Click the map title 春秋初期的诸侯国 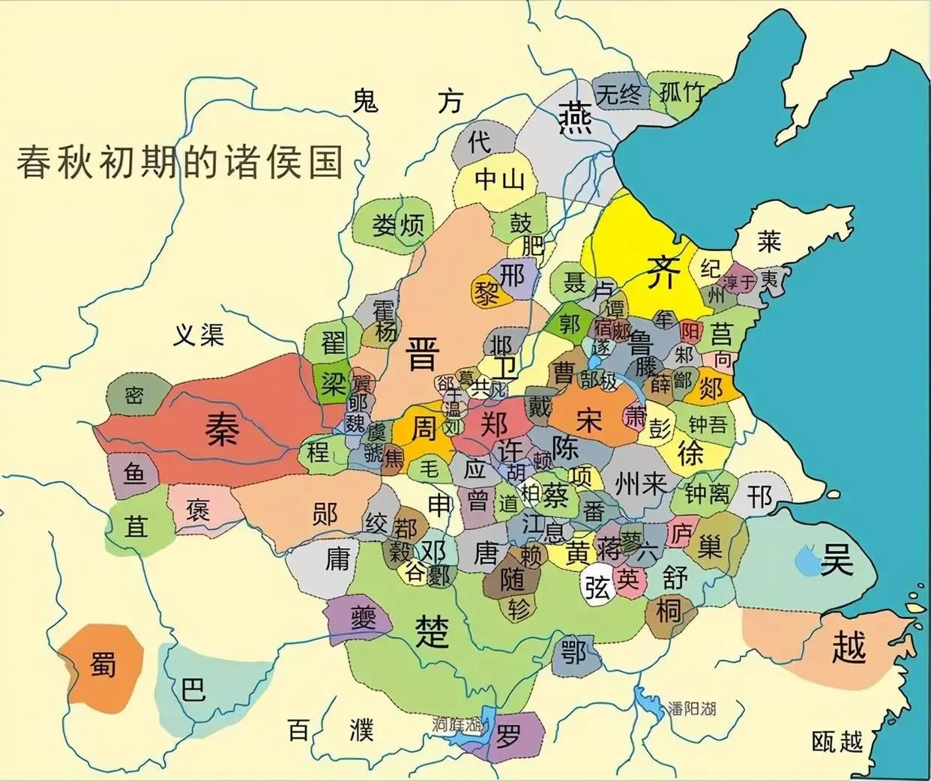coord(180,161)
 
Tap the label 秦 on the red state coord(222,429)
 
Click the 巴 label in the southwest coord(193,687)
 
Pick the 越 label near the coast coord(849,647)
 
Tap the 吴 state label coord(837,560)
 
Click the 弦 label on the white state coord(597,588)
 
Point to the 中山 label coord(499,180)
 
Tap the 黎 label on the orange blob coord(487,293)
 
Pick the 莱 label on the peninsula coord(769,241)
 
